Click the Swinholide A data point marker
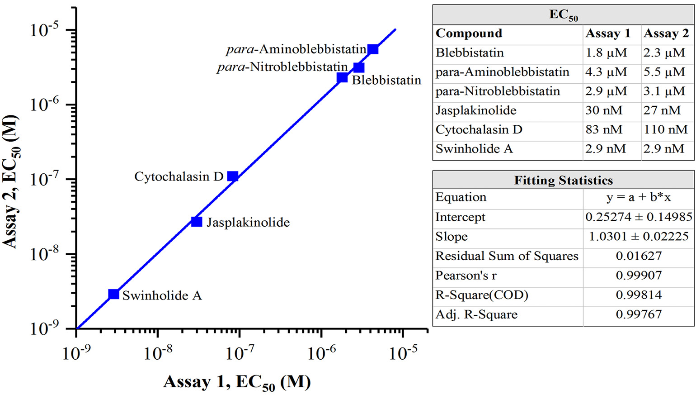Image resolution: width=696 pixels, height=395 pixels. pyautogui.click(x=114, y=294)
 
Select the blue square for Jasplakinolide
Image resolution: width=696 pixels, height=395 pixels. pyautogui.click(x=197, y=222)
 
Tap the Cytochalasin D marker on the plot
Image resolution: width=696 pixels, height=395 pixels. pyautogui.click(x=233, y=176)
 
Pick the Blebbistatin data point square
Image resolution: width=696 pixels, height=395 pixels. pyautogui.click(x=342, y=78)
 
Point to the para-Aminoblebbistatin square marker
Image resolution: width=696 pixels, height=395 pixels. pyautogui.click(x=373, y=49)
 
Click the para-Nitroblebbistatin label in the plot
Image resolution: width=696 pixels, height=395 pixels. pyautogui.click(x=282, y=67)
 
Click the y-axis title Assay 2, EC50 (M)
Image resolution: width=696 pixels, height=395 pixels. pyautogui.click(x=11, y=181)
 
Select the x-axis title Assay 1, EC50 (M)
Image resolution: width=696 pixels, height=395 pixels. pyautogui.click(x=237, y=382)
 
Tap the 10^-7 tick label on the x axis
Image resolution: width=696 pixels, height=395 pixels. pyautogui.click(x=240, y=352)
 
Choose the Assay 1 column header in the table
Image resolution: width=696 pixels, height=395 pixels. pyautogui.click(x=607, y=33)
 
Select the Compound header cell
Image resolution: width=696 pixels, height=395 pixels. pyautogui.click(x=469, y=33)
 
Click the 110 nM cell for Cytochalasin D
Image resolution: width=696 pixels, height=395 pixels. pyautogui.click(x=665, y=130)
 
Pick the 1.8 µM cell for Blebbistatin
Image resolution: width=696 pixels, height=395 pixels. pyautogui.click(x=606, y=53)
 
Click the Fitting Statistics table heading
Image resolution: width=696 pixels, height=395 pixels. pyautogui.click(x=563, y=180)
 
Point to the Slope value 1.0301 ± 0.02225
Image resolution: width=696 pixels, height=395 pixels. pyautogui.click(x=638, y=236)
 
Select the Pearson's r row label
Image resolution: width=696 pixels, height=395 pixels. pyautogui.click(x=466, y=276)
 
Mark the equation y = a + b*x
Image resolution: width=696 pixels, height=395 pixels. pyautogui.click(x=638, y=197)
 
